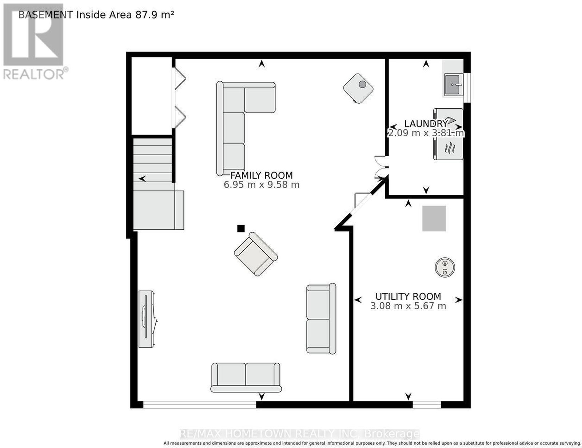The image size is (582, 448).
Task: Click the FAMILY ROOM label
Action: coord(262,175)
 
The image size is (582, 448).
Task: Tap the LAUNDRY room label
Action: coord(426,124)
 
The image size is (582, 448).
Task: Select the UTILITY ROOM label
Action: coord(408,296)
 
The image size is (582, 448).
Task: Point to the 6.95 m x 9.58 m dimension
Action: coord(262,185)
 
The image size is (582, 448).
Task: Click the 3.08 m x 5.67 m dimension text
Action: coord(408,306)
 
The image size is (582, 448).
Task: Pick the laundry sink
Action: coord(454,85)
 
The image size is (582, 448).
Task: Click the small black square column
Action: coord(241,228)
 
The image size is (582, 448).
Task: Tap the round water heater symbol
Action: coord(445,267)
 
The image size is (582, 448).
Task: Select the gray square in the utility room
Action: coord(434,218)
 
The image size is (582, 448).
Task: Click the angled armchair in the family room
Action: coord(256,254)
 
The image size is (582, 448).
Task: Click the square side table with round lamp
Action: coord(358,88)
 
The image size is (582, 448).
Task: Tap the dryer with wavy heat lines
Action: coord(448,148)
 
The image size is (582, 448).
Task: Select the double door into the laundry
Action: coord(380,167)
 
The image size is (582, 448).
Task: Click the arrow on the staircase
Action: coord(142,178)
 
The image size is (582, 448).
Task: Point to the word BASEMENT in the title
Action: coord(45,15)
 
